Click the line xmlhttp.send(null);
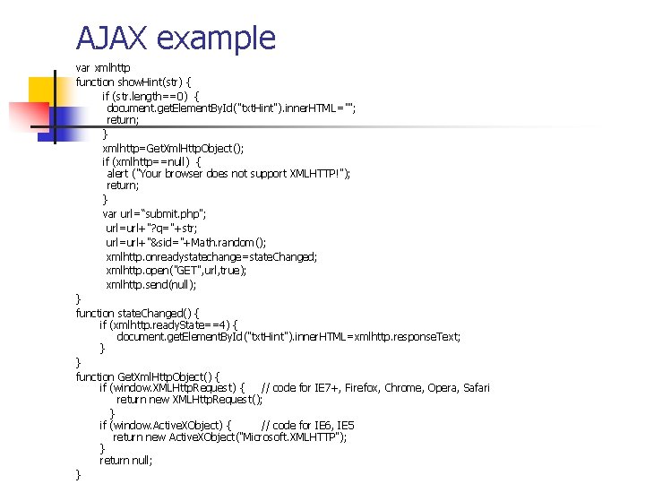pyautogui.click(x=150, y=284)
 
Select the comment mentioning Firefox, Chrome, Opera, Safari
pyautogui.click(x=375, y=387)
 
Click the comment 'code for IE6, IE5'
pyautogui.click(x=307, y=425)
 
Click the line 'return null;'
pyautogui.click(x=126, y=460)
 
